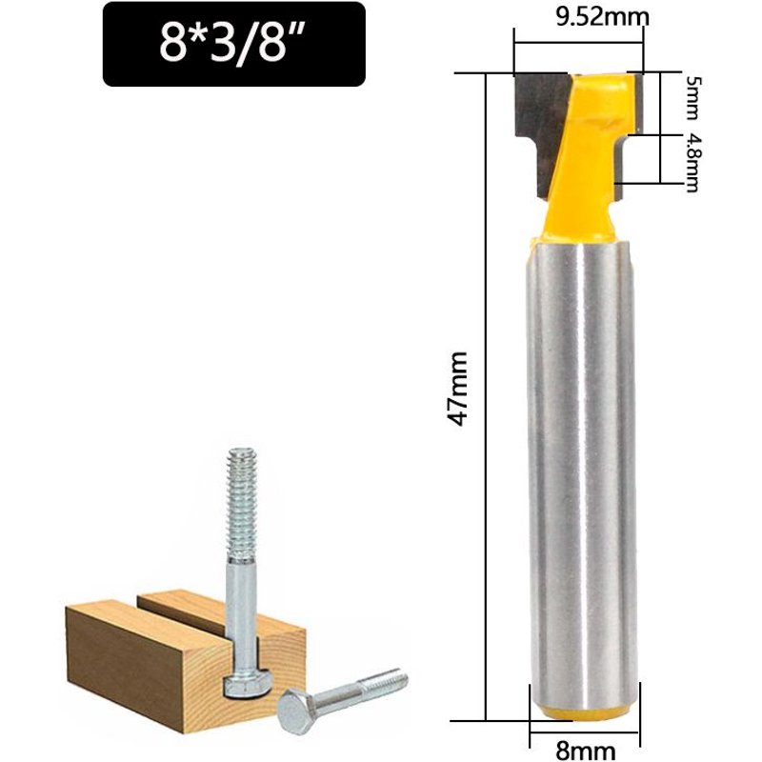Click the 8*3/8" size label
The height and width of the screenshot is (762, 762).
(x=233, y=45)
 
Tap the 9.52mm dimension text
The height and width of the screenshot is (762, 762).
(x=579, y=16)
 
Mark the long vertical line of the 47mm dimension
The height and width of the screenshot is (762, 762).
(x=487, y=400)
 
